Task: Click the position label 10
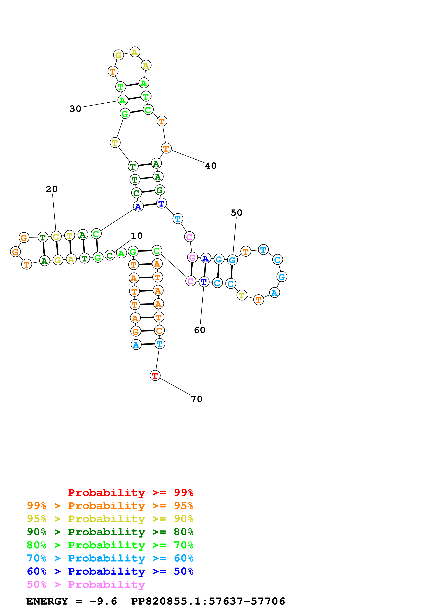[x=137, y=236]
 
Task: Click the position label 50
[x=236, y=213]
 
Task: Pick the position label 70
[x=197, y=399]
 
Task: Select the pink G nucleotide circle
[x=192, y=257]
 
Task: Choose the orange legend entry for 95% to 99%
[x=110, y=506]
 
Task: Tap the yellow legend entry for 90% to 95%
[x=110, y=519]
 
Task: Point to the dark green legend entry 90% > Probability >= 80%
[x=110, y=532]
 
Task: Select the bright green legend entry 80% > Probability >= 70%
[x=110, y=545]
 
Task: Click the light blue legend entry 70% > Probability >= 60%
[x=110, y=558]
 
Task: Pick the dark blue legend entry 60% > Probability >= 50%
[x=110, y=571]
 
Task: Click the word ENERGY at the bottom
[x=47, y=601]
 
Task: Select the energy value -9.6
[x=103, y=601]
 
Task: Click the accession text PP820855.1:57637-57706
[x=208, y=601]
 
